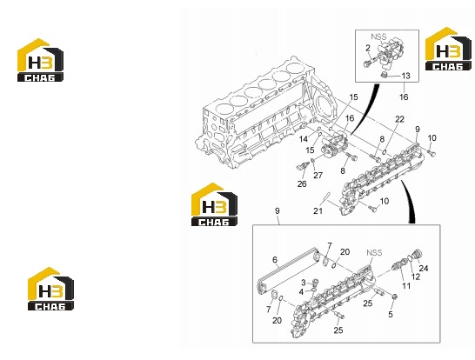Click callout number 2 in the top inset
(x=368, y=48)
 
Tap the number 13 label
(x=405, y=76)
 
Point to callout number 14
(x=304, y=139)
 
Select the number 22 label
(x=400, y=119)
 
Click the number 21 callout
(x=318, y=210)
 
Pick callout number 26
(x=302, y=183)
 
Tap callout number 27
(x=318, y=175)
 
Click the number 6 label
(x=275, y=259)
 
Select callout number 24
(x=424, y=268)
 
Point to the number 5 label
(x=391, y=314)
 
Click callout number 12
(x=416, y=277)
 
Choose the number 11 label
(x=406, y=285)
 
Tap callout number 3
(x=304, y=283)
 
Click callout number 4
(x=301, y=292)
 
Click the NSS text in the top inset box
(x=378, y=37)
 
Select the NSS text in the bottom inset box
(x=374, y=252)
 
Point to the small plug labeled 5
(x=394, y=297)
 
